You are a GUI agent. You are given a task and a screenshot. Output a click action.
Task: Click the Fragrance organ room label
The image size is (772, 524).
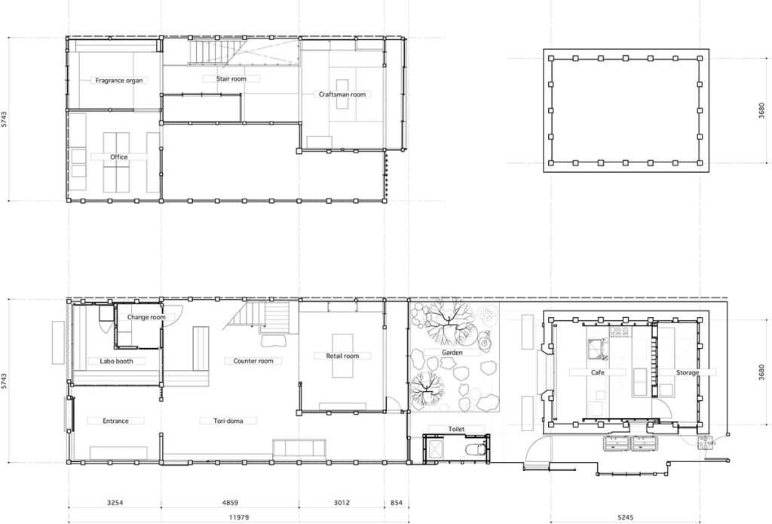(x=119, y=80)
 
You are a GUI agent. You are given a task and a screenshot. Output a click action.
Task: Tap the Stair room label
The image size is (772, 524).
(x=231, y=79)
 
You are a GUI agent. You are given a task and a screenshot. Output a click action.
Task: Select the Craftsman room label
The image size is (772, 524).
(x=342, y=94)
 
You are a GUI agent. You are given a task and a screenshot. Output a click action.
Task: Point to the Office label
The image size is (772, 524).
(x=118, y=157)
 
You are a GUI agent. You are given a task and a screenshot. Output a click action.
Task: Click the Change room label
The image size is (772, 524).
(x=146, y=317)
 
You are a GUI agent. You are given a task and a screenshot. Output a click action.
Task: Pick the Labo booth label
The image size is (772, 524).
(x=116, y=361)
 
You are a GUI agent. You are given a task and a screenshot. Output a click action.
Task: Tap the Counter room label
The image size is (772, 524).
(x=253, y=361)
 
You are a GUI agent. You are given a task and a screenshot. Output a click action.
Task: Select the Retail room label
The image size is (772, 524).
(x=343, y=356)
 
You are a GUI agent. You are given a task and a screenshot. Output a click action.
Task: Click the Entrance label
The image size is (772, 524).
(x=115, y=421)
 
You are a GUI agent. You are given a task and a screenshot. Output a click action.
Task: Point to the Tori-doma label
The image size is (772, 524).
(x=228, y=421)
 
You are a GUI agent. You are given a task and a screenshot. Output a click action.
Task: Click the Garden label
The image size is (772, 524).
(x=452, y=353)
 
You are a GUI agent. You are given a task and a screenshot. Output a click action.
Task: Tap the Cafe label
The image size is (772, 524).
(x=597, y=373)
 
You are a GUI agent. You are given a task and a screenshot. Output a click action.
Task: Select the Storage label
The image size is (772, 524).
(x=688, y=373)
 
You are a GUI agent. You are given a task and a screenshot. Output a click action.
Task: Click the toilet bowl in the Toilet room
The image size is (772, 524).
(x=476, y=449)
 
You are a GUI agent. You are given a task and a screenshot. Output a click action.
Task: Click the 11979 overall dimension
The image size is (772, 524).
(x=239, y=518)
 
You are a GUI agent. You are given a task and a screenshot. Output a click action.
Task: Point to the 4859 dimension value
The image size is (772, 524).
(x=230, y=503)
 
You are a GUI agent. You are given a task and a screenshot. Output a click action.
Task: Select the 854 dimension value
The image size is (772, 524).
(x=397, y=503)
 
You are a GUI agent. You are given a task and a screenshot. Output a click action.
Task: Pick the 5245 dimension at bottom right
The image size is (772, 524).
(x=625, y=518)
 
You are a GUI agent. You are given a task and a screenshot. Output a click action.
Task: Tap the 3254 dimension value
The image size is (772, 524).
(x=115, y=503)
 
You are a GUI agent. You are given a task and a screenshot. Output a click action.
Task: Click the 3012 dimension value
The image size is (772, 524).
(x=342, y=503)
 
